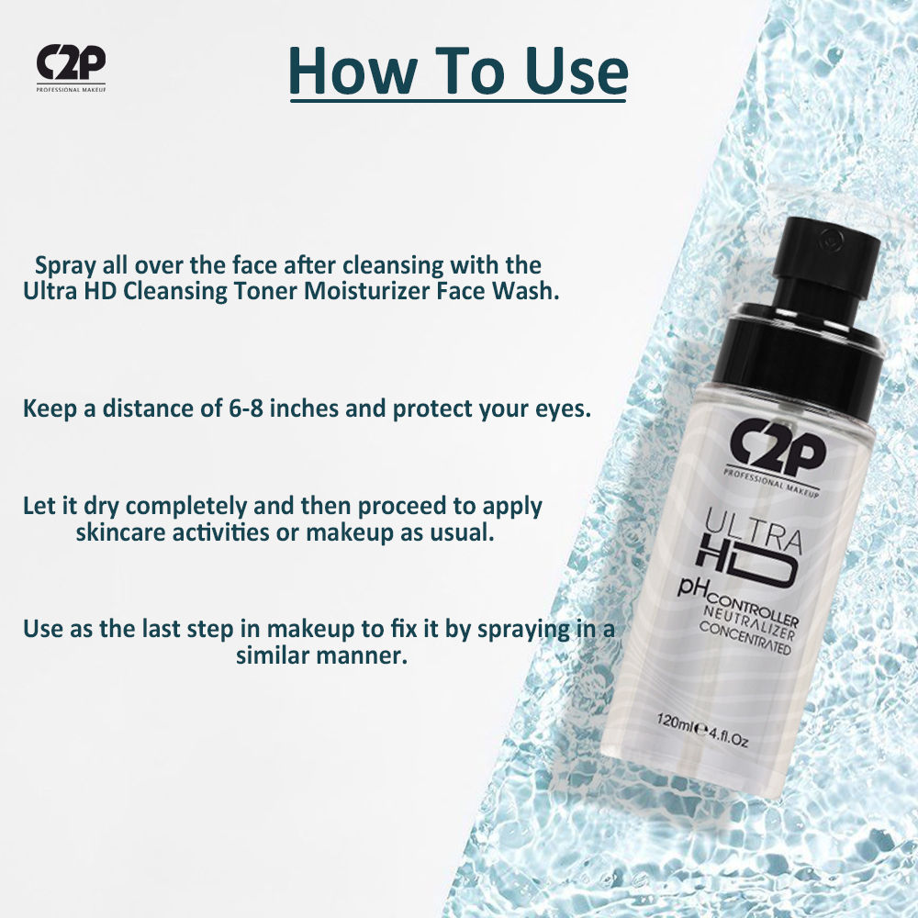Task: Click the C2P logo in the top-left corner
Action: (x=71, y=68)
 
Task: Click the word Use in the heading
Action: (x=577, y=72)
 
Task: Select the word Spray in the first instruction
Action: (x=65, y=266)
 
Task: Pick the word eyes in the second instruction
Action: (x=564, y=409)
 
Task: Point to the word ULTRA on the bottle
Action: (x=754, y=531)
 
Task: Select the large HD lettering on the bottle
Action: (x=745, y=562)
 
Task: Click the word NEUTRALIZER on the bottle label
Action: (x=749, y=623)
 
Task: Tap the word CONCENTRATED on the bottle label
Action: (x=745, y=638)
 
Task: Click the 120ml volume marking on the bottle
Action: (x=675, y=722)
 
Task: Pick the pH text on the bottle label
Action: (x=692, y=587)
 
